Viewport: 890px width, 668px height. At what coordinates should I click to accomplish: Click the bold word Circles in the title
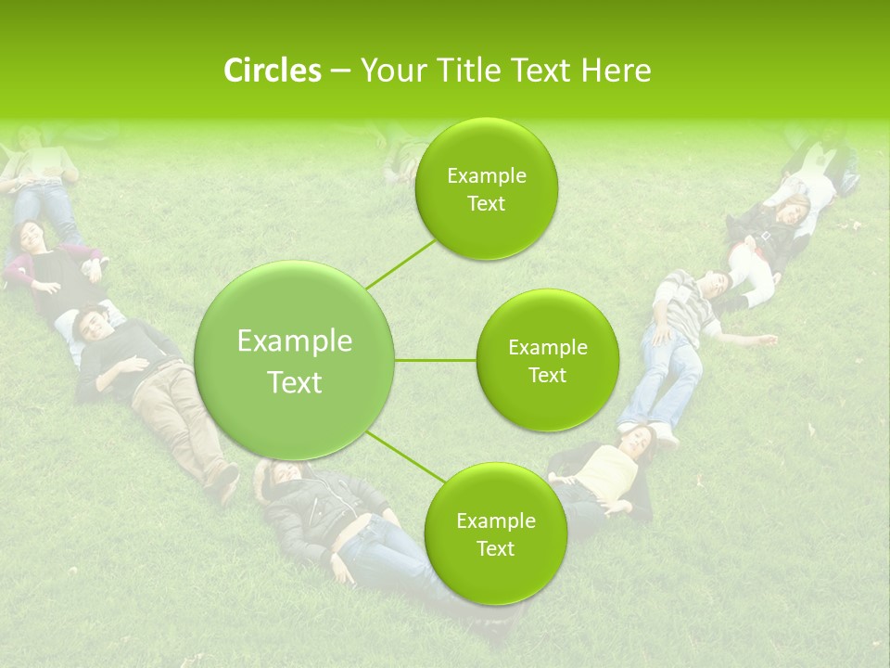(272, 71)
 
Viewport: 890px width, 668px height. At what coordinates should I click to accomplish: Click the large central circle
(295, 360)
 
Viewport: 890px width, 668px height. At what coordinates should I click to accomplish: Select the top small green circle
(487, 188)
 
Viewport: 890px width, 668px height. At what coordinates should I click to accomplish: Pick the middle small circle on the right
(547, 360)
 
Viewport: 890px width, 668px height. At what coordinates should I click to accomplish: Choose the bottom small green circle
(495, 533)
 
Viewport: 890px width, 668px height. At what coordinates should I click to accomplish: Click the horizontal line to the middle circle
(436, 360)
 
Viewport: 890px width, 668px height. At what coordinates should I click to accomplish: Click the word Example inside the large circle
(295, 341)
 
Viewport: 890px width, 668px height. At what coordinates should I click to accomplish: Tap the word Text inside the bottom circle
(495, 548)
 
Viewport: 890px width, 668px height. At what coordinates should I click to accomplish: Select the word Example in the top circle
(487, 175)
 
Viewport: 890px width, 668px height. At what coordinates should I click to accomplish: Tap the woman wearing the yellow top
(607, 464)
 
